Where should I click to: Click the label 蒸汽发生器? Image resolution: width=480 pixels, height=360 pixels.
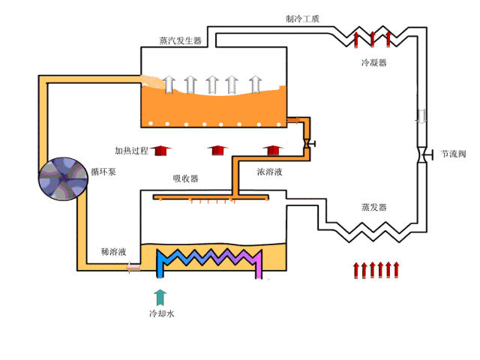click(x=180, y=40)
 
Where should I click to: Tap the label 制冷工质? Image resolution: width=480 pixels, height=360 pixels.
click(x=302, y=19)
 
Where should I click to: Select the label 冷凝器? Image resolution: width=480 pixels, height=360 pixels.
click(x=373, y=63)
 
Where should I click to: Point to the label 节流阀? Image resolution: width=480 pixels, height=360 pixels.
click(x=454, y=154)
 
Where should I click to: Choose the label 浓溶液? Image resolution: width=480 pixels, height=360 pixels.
click(x=269, y=172)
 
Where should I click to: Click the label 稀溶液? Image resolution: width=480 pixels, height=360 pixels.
click(x=113, y=251)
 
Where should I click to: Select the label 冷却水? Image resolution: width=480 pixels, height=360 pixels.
click(x=160, y=313)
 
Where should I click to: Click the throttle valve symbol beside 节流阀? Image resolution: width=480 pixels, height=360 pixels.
click(x=421, y=155)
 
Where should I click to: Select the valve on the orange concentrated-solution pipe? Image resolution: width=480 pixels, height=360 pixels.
click(x=307, y=142)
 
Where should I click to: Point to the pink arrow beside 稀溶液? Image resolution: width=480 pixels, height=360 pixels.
click(x=133, y=265)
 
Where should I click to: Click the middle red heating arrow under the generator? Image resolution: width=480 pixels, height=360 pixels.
click(x=217, y=150)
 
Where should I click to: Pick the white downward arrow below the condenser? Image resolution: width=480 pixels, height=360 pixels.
click(x=421, y=118)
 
